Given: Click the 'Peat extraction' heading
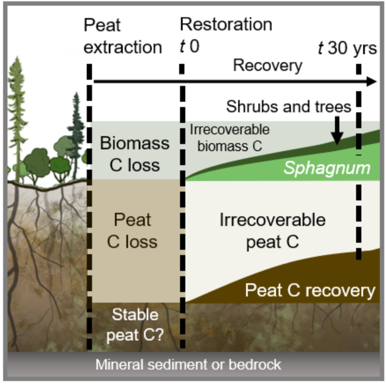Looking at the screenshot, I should coord(122,36).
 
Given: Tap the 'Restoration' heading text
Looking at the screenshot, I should coord(226,25).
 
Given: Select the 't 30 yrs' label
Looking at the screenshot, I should coord(347,48).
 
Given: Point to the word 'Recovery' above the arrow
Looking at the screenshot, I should coord(268,66).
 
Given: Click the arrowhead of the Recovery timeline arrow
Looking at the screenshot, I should coord(372,81).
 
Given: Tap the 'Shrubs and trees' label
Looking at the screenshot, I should coord(288,107).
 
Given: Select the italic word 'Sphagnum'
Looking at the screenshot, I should coord(327,168).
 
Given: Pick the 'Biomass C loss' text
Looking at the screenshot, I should coord(134,154).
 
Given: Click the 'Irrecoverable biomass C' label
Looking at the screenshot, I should coord(229,138).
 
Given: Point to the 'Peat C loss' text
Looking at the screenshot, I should coord(132,230).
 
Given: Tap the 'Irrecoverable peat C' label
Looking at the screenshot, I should coord(272,230).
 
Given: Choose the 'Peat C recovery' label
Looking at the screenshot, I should coord(310,291).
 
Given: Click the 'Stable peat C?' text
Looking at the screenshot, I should coord(135,325).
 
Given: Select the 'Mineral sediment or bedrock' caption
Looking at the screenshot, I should coord(188,365).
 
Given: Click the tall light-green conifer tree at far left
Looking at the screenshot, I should coord(17,110).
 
